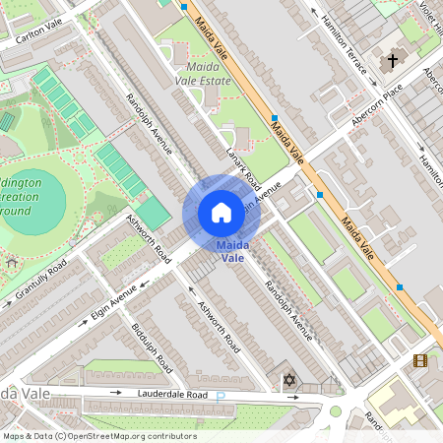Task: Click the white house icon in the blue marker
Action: point(221,213)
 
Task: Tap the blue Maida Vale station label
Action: point(232,251)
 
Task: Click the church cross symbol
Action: point(393,61)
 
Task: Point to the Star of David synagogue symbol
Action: point(288,380)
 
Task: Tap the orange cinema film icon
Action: point(420,361)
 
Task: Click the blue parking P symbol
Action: point(221,397)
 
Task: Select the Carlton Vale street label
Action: point(38,27)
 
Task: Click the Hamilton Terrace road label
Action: point(346,43)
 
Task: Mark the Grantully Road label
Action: point(40,282)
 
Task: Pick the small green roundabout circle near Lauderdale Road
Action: point(336,411)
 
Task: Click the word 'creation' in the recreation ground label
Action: point(33,198)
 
